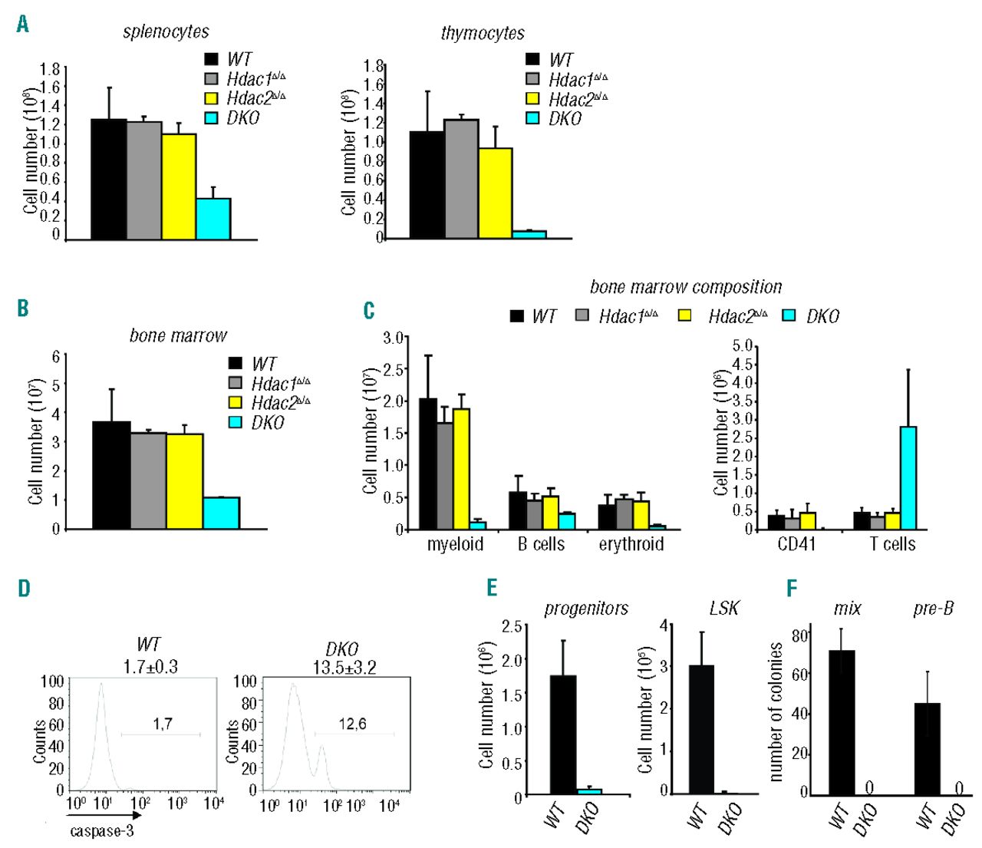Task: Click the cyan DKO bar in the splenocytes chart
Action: pos(213,219)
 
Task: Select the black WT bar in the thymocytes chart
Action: pos(427,185)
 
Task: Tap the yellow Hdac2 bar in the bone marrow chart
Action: pos(185,481)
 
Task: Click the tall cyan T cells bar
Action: pos(908,478)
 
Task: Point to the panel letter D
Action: pos(24,589)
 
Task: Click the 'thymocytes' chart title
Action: pos(483,33)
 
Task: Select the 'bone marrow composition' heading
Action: pos(686,287)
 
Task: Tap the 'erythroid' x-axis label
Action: pos(631,544)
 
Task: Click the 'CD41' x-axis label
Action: pos(796,544)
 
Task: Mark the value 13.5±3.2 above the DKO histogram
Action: pos(344,667)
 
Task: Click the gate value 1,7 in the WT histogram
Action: pos(162,723)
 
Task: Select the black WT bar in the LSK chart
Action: pos(701,729)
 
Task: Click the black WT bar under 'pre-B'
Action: pos(928,748)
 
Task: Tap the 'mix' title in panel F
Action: pos(847,609)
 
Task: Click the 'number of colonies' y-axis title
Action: pos(775,711)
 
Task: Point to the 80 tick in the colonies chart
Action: pos(800,635)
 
